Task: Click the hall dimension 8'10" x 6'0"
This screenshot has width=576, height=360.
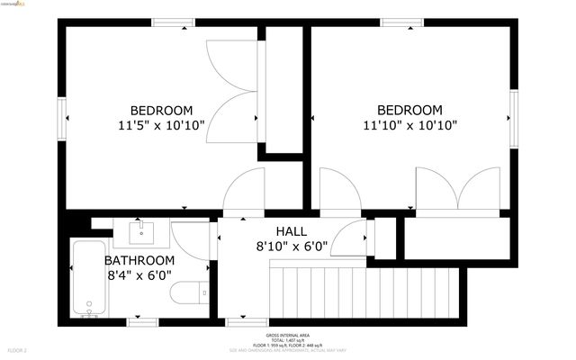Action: (x=292, y=245)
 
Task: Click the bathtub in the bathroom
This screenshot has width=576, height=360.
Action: (x=89, y=278)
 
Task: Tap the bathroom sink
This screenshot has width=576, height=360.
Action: (x=142, y=232)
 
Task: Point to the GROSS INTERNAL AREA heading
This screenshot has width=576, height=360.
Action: (x=287, y=332)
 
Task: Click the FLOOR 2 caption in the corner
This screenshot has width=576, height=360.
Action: (x=18, y=349)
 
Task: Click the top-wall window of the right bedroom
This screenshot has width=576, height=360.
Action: (x=402, y=22)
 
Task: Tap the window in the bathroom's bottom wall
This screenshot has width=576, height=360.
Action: (x=144, y=319)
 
